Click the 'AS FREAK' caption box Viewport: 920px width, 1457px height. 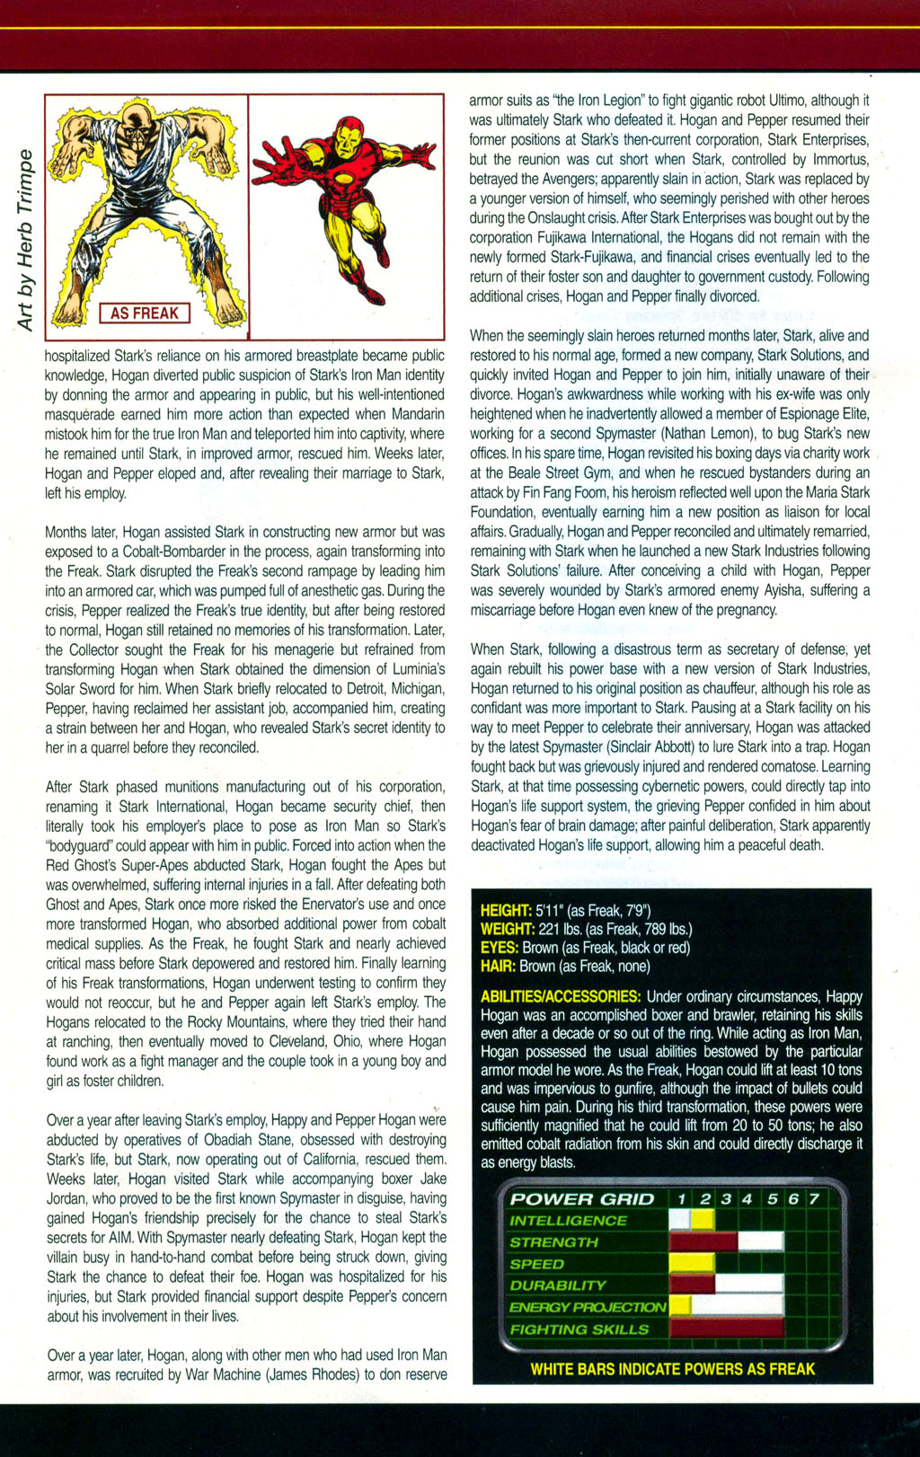click(145, 313)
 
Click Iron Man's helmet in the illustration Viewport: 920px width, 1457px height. click(347, 133)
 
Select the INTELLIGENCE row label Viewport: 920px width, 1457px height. click(568, 1221)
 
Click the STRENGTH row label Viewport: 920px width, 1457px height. click(553, 1242)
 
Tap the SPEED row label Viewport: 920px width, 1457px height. click(537, 1264)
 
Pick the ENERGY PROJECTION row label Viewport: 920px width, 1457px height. click(588, 1307)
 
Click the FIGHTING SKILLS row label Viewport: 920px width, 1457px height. click(579, 1329)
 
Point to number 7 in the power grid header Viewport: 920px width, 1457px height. click(814, 1199)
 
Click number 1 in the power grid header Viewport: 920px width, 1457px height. click(682, 1199)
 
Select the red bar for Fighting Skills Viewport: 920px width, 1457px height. click(726, 1329)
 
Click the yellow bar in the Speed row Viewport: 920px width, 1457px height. click(692, 1264)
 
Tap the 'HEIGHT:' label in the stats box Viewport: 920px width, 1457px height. click(507, 911)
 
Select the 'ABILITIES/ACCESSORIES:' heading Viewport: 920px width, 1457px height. click(561, 997)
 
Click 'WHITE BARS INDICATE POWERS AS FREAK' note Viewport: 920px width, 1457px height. click(672, 1369)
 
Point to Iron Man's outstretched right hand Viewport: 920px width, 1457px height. click(273, 164)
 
